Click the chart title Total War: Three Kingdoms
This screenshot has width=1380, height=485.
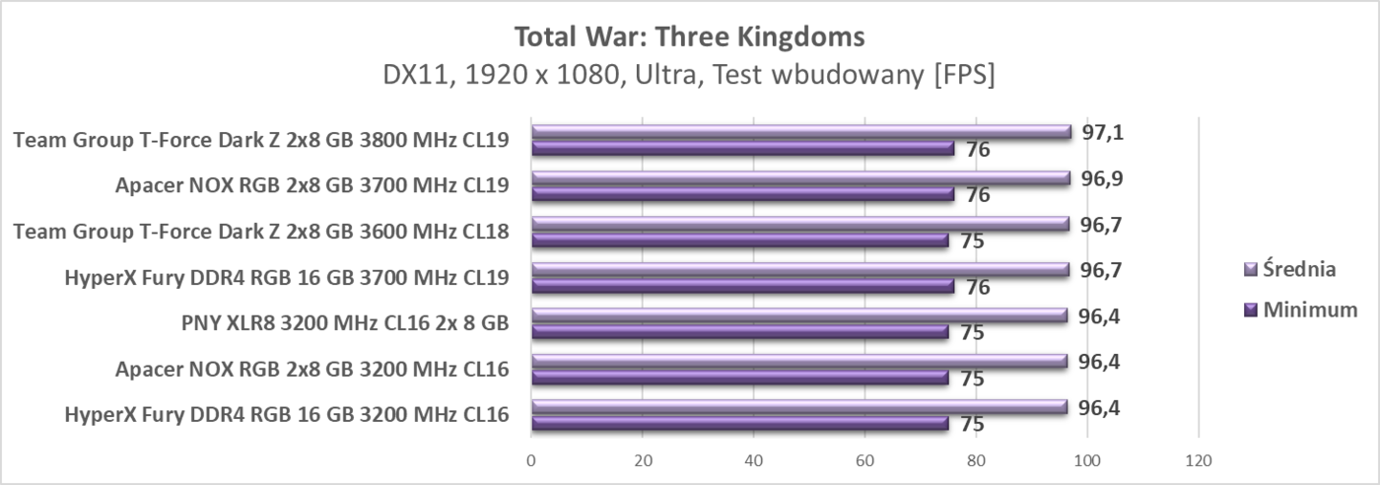689,37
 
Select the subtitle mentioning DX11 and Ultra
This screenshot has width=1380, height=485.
689,76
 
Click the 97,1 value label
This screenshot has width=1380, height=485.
1101,132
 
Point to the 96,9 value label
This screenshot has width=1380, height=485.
1101,178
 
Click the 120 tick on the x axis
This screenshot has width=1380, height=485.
1198,459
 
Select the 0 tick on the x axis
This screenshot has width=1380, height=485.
531,459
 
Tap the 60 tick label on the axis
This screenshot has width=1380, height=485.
864,459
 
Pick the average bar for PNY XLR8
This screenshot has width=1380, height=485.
798,315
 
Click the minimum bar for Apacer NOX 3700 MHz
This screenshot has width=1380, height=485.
742,194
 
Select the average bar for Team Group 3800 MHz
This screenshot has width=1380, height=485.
800,131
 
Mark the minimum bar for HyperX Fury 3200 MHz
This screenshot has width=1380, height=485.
739,424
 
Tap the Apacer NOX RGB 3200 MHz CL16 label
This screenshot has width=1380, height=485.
311,370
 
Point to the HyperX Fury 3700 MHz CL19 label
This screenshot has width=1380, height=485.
286,277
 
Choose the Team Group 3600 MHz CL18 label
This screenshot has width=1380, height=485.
261,232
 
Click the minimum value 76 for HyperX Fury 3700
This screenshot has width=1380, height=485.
979,287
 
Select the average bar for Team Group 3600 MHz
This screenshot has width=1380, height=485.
799,224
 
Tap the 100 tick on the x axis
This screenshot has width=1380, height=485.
1086,459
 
